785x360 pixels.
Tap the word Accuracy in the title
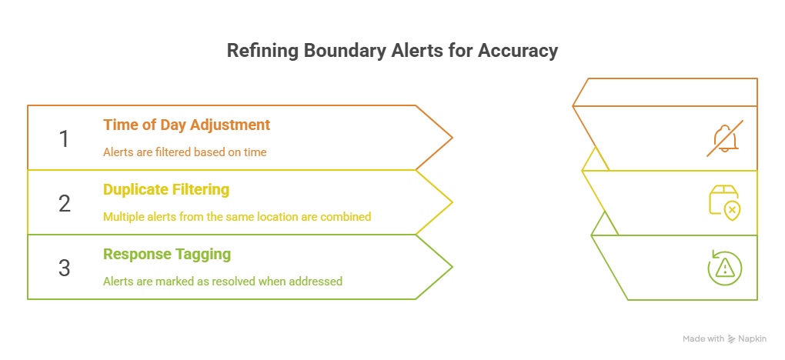coord(518,52)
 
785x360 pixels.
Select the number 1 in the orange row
coord(64,138)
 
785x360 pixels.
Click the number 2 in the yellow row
coord(64,203)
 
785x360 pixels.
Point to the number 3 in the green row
coord(64,268)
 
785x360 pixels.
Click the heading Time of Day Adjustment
coord(186,125)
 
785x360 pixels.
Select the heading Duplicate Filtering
coord(166,189)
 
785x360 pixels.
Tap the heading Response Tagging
coord(167,254)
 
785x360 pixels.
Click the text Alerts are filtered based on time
coord(185,152)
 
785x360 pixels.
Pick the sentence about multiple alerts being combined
coord(237,217)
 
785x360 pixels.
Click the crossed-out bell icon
coord(724,138)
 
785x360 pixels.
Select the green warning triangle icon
coord(724,267)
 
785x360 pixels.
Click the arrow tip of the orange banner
coord(450,138)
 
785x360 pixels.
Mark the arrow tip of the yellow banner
coord(450,203)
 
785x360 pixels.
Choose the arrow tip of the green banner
coord(450,268)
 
